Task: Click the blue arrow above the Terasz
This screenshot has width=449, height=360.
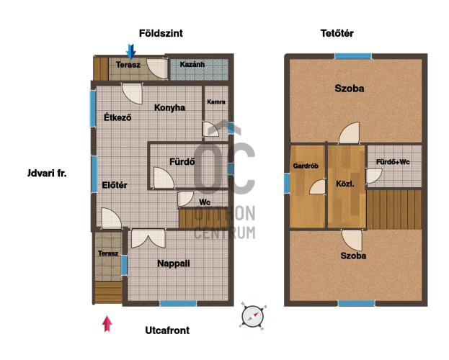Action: tap(131, 51)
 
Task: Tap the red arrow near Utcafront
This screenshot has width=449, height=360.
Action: tap(107, 324)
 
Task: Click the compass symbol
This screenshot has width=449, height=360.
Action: tap(252, 317)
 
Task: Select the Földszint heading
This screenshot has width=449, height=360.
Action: tap(161, 33)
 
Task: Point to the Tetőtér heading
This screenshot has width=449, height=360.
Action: tap(337, 33)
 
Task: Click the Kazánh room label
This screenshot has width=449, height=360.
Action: tap(192, 64)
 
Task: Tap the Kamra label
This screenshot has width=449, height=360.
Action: tap(216, 102)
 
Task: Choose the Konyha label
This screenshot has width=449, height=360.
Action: tap(169, 107)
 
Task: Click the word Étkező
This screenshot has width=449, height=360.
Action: tap(117, 117)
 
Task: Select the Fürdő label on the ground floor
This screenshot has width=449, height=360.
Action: tap(182, 162)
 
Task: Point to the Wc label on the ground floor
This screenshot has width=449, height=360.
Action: tap(205, 202)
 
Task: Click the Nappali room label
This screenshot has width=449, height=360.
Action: tap(174, 264)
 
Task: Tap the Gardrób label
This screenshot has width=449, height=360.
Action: tap(306, 166)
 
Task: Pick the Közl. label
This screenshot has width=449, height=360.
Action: tap(345, 184)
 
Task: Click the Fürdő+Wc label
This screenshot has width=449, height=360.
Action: tap(393, 162)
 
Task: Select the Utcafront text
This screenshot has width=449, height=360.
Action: tap(167, 330)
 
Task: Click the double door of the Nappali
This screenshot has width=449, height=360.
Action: tap(148, 238)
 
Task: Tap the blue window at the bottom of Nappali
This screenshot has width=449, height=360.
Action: tap(178, 303)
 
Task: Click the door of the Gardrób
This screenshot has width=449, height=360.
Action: tap(318, 187)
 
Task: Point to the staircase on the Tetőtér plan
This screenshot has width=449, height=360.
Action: tap(394, 210)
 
